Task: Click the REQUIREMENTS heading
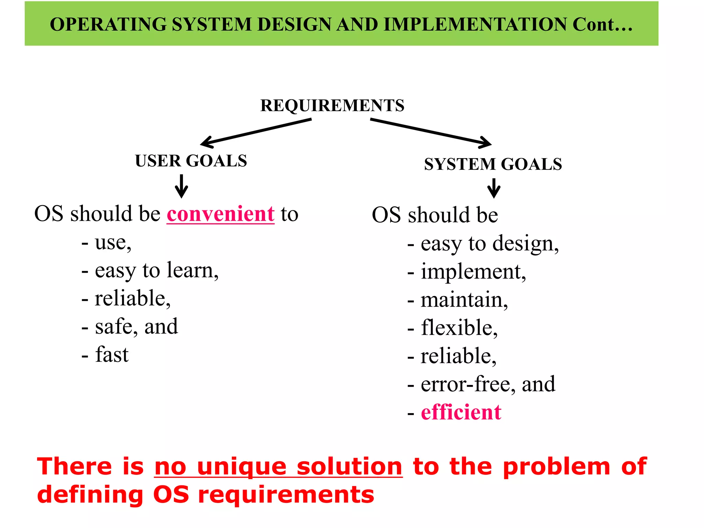point(332,105)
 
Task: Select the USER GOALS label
point(191,161)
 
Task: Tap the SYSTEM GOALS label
point(493,164)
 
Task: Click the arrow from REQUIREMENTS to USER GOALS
point(256,133)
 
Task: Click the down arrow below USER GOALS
point(181,186)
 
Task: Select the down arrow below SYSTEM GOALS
point(494,188)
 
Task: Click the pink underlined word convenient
point(221,214)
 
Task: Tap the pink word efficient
point(461,412)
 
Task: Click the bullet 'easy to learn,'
point(156,271)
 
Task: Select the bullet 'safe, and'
point(136,327)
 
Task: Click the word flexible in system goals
point(459,328)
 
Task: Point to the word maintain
point(464,300)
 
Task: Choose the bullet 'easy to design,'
point(489,244)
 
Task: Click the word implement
point(473,272)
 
